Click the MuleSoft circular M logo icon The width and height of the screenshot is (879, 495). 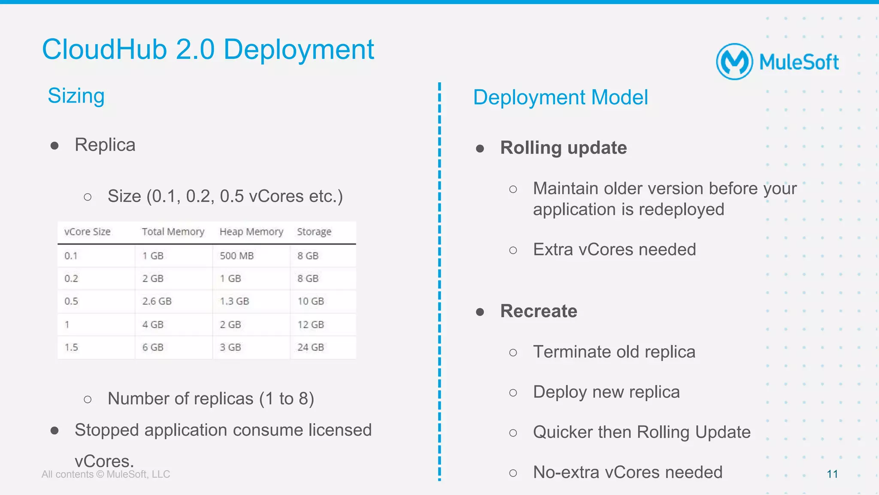coord(734,61)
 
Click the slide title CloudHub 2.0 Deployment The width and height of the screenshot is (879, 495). coord(208,49)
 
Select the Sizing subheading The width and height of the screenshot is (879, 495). coord(76,96)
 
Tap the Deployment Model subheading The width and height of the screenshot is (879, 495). coord(560,97)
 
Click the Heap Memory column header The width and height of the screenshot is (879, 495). coord(251,232)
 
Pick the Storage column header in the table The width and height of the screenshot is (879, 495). coord(314,232)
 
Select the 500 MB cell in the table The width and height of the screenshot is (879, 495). coord(236,256)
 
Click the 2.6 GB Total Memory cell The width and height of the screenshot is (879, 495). coord(157,301)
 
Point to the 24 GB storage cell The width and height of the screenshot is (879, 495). coord(310,347)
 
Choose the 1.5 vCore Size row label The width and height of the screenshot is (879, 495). coord(71,347)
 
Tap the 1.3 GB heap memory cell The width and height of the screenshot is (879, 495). coord(234,301)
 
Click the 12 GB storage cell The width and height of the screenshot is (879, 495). coord(310,325)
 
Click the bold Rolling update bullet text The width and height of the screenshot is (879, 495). coord(563,148)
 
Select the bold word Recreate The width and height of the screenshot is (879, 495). coord(538,311)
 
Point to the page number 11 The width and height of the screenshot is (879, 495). coord(832,474)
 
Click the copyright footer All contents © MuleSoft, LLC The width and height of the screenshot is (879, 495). coord(106,474)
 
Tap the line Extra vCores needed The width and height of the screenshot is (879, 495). coord(614,249)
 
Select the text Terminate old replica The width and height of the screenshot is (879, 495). coord(614,352)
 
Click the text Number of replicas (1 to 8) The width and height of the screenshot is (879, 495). coord(211,399)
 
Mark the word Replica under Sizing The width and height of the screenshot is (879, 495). coord(105,145)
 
